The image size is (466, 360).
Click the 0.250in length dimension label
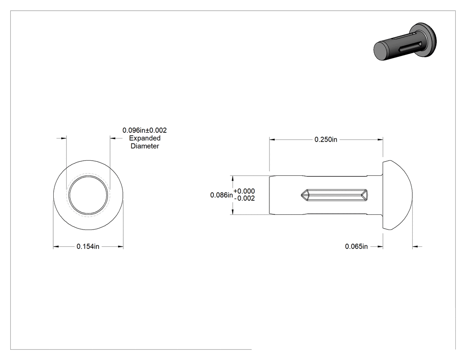pos(326,139)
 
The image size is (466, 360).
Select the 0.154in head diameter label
pos(88,246)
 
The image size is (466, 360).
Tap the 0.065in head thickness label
pos(356,246)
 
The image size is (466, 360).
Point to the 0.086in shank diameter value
pos(221,195)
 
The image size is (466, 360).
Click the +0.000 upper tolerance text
pos(244,191)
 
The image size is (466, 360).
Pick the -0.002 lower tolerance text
pos(244,198)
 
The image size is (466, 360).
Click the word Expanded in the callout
pos(145,138)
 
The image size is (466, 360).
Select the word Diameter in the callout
pos(145,146)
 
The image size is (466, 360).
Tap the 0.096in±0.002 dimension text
pos(145,130)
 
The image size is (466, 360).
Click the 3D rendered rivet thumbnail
pos(405,42)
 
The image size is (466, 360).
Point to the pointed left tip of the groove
pos(301,195)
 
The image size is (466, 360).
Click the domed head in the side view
pos(397,195)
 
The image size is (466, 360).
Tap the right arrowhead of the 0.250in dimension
pos(379,139)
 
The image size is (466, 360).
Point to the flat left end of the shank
pos(269,195)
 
